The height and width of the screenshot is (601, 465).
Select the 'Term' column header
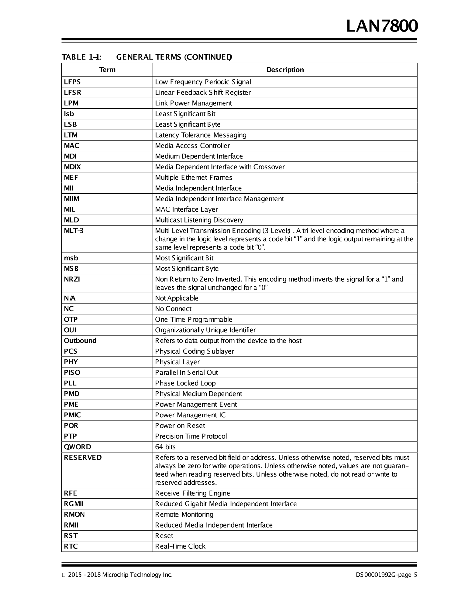[107, 70]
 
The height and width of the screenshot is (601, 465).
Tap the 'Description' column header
[285, 70]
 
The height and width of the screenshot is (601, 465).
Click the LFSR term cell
[73, 93]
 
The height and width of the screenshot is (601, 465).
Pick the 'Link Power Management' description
[193, 103]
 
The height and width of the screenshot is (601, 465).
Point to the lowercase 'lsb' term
[69, 114]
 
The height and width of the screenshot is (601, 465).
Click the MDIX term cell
[72, 167]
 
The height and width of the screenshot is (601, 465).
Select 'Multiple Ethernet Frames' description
[194, 178]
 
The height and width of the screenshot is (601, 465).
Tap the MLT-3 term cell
[74, 231]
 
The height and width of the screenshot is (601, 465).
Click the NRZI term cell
[72, 279]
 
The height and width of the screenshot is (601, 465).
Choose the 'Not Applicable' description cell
[177, 298]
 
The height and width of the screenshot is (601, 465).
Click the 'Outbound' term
[80, 341]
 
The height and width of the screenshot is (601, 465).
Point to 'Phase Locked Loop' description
[185, 383]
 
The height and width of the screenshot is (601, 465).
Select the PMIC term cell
[72, 415]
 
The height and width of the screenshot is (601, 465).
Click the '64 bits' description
[165, 447]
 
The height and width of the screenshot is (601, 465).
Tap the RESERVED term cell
[83, 457]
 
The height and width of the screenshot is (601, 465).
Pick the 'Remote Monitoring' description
[184, 514]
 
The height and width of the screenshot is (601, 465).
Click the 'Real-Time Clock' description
[180, 546]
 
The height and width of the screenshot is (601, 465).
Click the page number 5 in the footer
[415, 575]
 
